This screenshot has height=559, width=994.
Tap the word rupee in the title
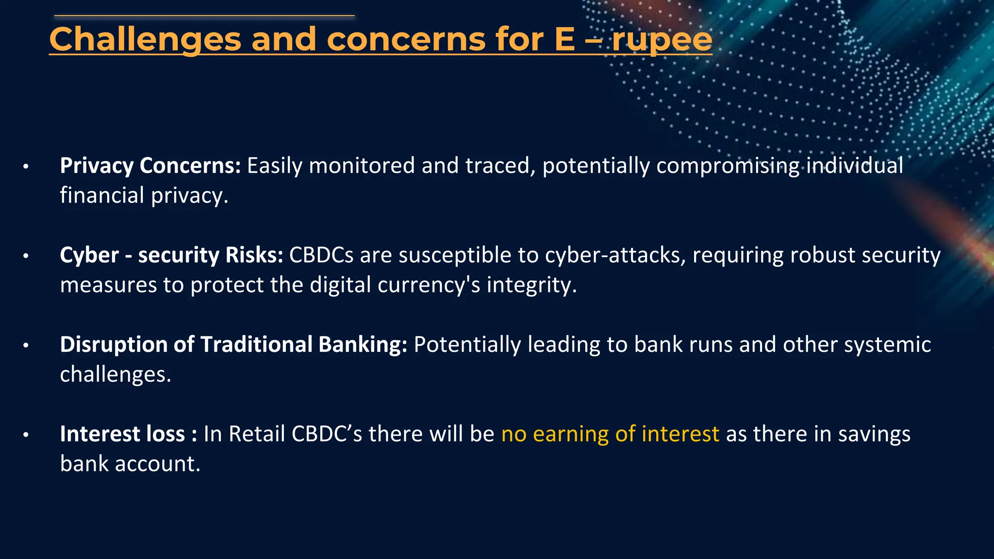coord(662,40)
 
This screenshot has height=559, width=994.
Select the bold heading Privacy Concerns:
coord(150,166)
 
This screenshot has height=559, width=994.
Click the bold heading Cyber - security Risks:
coord(171,255)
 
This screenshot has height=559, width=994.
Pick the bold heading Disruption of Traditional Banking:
coord(233,345)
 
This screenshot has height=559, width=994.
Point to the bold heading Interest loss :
coord(128,434)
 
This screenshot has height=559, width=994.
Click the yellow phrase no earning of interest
coord(610,434)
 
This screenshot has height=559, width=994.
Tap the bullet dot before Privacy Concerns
coord(26,167)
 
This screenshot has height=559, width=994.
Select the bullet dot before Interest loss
coord(26,435)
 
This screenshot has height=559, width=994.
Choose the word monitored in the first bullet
coord(362,166)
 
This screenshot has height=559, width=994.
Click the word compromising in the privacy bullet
coord(728,166)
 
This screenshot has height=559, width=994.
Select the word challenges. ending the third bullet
coord(116,375)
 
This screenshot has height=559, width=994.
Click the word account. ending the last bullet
coord(157,464)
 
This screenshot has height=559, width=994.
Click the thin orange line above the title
coord(204,16)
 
